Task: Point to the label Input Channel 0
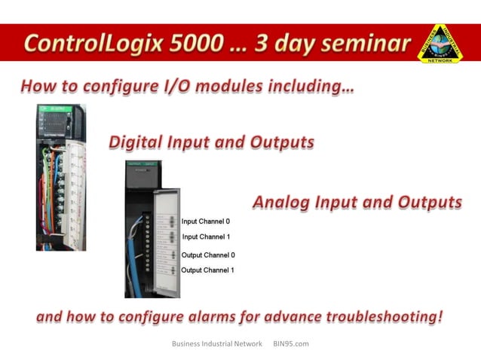coord(205,221)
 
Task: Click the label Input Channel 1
coord(206,237)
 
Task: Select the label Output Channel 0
coord(207,255)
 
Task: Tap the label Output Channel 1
coord(207,270)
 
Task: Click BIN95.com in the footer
coord(291,343)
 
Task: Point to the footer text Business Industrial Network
coord(216,343)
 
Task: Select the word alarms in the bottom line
coord(225,317)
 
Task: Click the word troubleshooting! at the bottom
coord(385,317)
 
